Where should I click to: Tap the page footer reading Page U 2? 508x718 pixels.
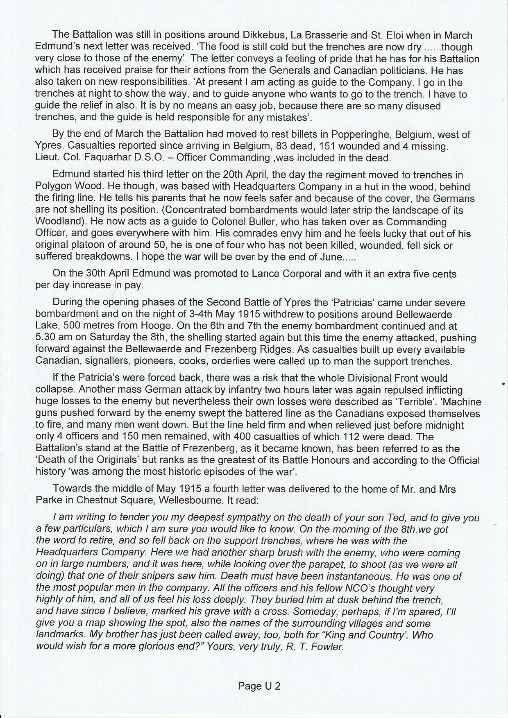click(259, 686)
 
